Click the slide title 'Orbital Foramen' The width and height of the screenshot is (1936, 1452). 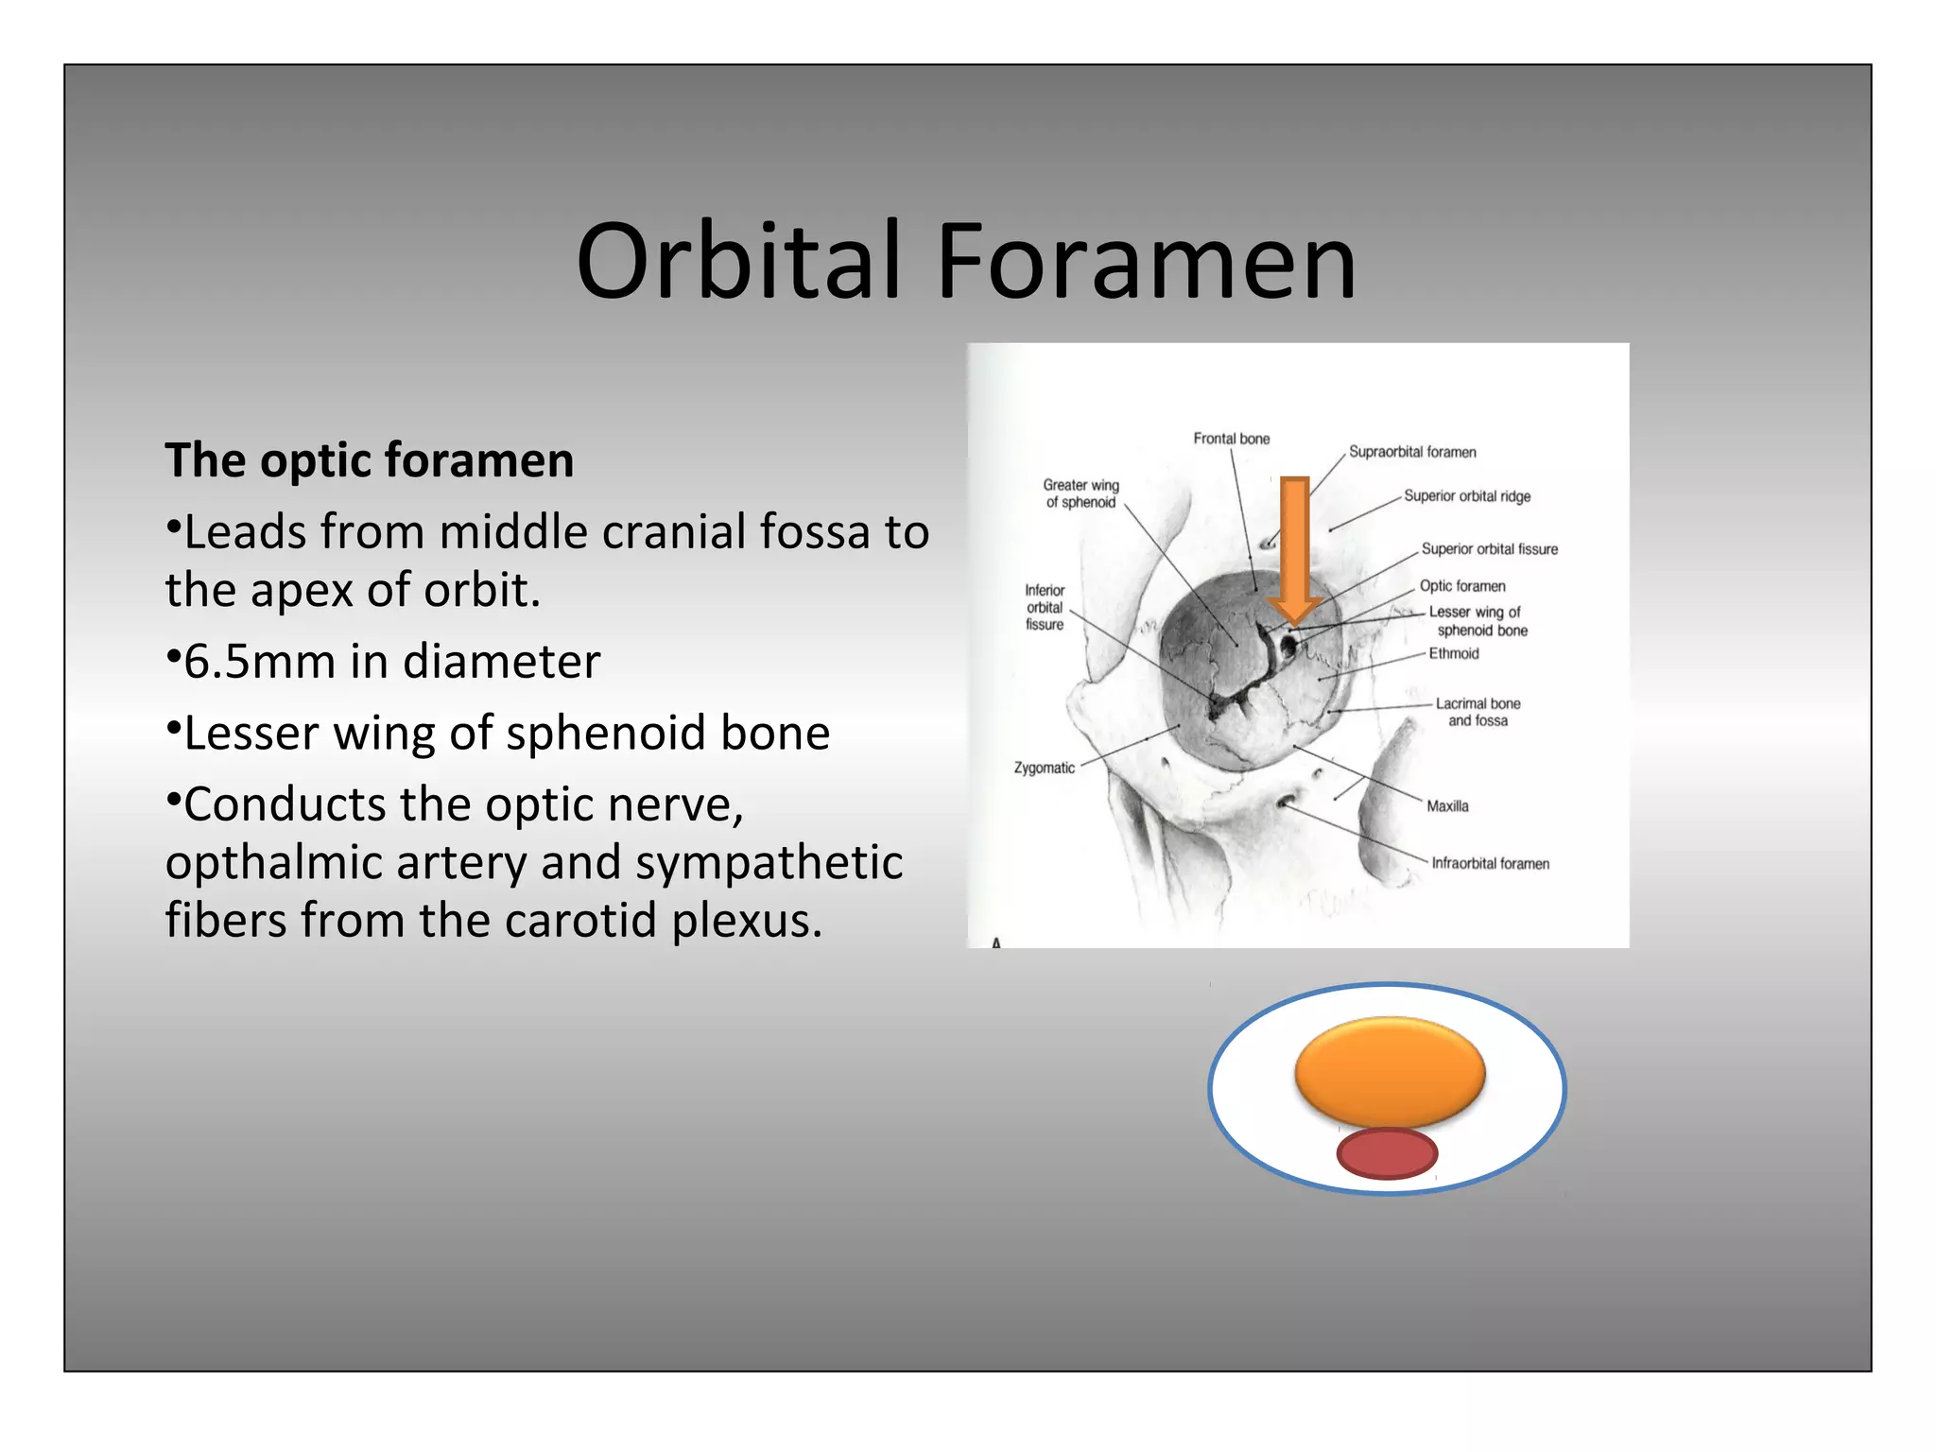966,261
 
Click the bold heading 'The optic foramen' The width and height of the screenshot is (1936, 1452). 370,460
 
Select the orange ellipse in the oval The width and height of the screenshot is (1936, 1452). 1390,1072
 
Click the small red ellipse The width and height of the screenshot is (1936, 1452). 1387,1153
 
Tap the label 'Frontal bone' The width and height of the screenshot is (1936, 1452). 1231,439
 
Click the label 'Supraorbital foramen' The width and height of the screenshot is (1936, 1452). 1411,452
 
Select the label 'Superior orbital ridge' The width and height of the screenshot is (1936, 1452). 1466,496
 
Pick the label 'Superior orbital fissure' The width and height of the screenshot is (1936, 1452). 1489,549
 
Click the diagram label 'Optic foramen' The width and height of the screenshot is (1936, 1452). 1461,586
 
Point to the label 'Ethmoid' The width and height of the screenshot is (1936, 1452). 1453,653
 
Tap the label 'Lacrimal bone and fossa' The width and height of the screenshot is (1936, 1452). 1478,712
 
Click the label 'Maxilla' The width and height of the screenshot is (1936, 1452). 1447,806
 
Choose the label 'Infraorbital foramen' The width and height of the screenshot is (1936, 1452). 1490,863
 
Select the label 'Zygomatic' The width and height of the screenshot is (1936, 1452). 1044,768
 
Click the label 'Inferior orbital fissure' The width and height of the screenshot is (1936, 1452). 1045,607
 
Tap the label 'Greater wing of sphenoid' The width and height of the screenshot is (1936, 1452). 1080,493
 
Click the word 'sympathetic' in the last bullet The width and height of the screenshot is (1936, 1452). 769,862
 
